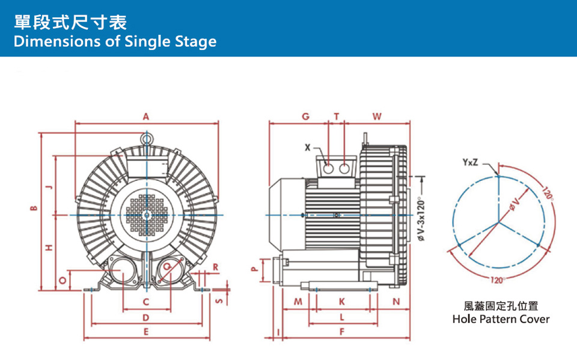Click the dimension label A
coord(146,117)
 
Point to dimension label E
coord(146,332)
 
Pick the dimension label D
coord(146,317)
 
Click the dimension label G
coord(305,116)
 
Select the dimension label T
coord(337,116)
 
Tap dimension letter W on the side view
coord(377,116)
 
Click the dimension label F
coord(341,332)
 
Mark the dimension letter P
coord(254,269)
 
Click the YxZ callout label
coord(471,162)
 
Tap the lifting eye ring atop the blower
coord(146,138)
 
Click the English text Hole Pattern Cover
coord(501,319)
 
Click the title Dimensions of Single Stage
coord(114,41)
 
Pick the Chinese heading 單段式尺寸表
coord(70,23)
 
